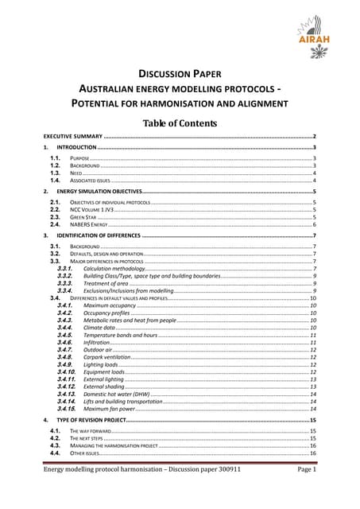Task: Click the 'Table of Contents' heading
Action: (180, 123)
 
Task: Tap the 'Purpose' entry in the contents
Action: (79, 159)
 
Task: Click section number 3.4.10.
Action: (66, 371)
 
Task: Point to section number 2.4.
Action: (56, 224)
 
